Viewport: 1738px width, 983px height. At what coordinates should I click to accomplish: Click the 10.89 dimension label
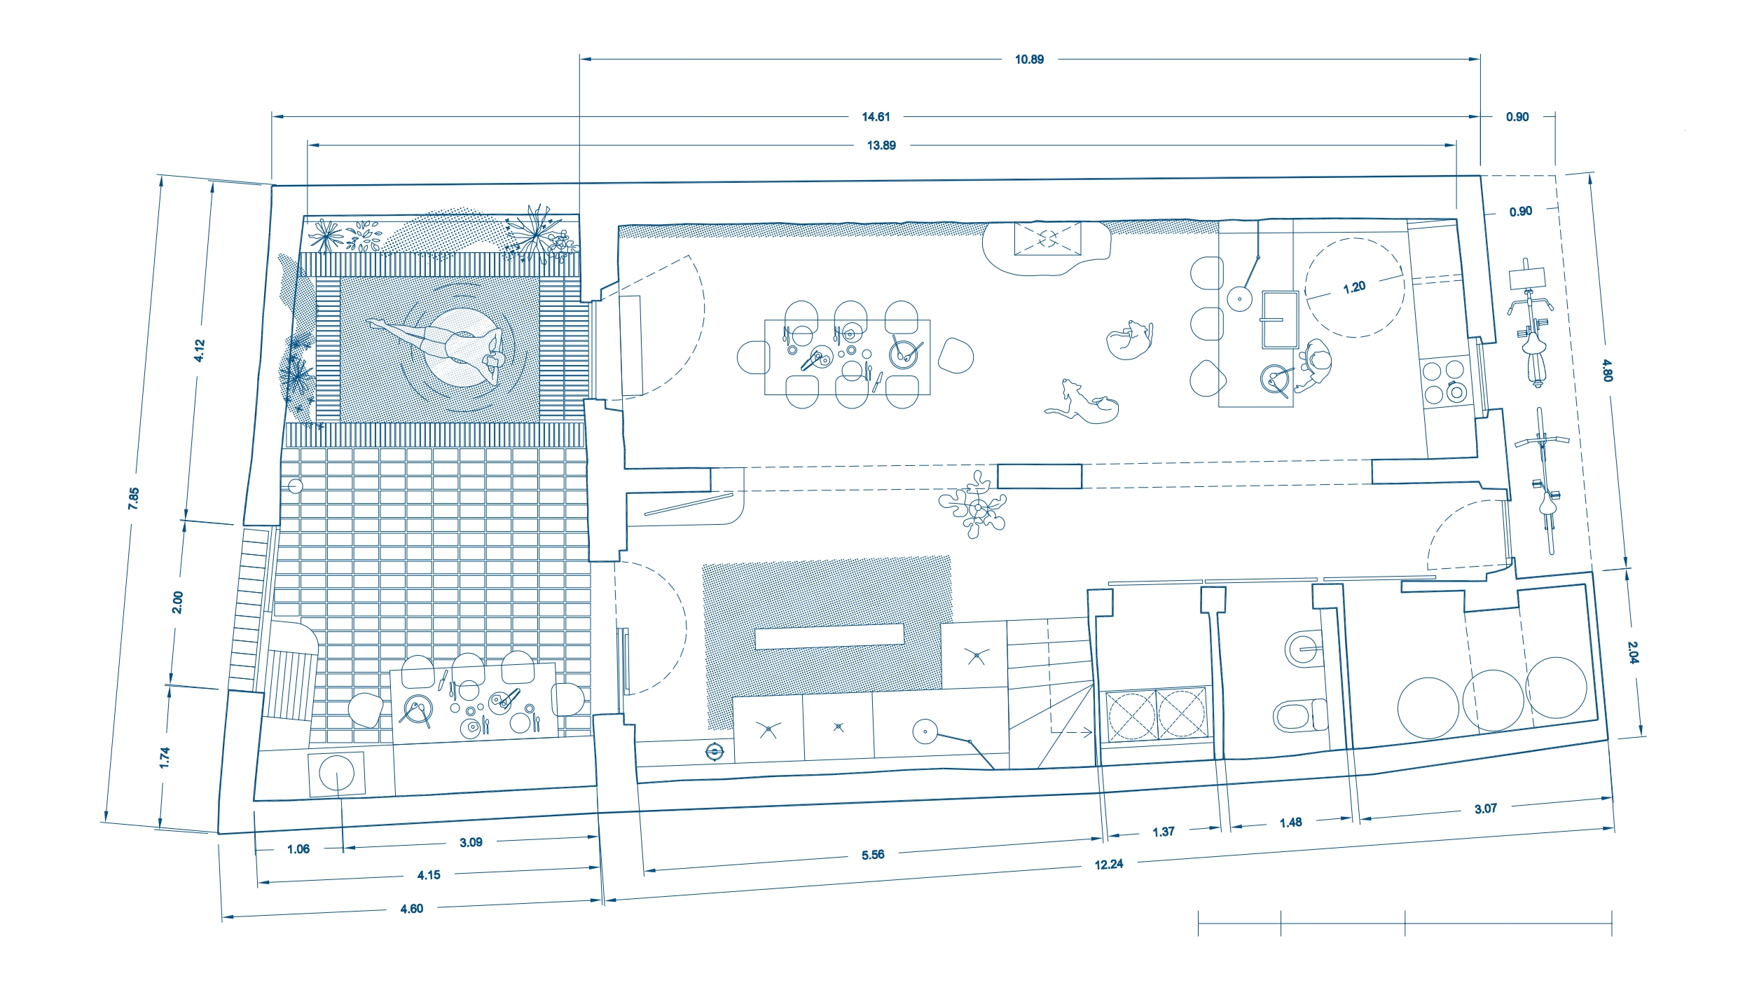pos(1029,60)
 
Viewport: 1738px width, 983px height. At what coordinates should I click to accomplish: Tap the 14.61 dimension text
pos(876,117)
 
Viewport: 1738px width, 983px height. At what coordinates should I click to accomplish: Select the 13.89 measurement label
pos(881,146)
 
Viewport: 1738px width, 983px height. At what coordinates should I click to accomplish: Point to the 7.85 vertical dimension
pos(134,498)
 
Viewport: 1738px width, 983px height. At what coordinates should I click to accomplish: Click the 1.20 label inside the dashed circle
pos(1354,287)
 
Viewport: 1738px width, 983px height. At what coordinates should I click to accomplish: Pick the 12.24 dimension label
pos(1109,865)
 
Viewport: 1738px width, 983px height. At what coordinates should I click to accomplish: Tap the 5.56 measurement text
pos(873,855)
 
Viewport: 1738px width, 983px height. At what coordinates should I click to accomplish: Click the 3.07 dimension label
pos(1486,809)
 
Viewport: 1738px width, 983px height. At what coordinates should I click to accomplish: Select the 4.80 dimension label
pos(1608,370)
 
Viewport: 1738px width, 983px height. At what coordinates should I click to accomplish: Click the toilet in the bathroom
pos(1299,715)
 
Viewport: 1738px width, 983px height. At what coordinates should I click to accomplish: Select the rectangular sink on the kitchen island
pos(1280,319)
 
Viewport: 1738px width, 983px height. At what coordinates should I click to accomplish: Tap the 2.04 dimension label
pos(1633,653)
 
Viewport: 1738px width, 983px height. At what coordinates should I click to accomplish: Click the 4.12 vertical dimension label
pos(199,350)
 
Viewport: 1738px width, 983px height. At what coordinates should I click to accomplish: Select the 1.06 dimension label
pos(298,849)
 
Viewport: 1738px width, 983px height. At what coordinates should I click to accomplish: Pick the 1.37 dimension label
pos(1164,832)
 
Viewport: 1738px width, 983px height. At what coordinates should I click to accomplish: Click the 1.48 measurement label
pos(1290,823)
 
